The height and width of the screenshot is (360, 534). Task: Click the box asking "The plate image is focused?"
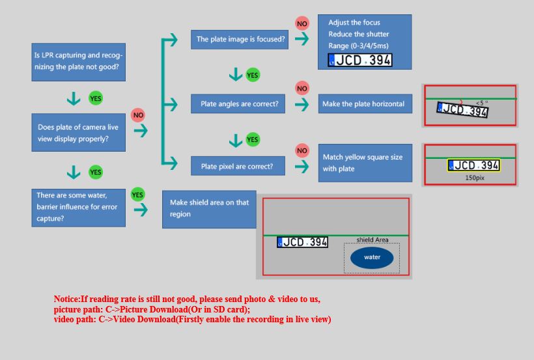click(240, 40)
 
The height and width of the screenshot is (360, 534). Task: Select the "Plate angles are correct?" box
click(238, 104)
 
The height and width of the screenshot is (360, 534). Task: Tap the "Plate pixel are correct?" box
click(238, 166)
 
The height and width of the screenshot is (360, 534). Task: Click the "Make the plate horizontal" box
click(365, 104)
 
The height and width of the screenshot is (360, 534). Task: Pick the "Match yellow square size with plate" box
click(365, 163)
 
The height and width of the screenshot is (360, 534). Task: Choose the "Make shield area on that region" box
click(209, 209)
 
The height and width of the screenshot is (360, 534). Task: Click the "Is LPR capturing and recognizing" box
click(78, 62)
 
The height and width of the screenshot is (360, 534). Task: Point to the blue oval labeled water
click(372, 258)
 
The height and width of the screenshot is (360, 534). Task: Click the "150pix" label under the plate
click(475, 178)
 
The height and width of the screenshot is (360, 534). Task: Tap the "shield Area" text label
click(372, 240)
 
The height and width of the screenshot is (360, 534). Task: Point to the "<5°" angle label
click(482, 102)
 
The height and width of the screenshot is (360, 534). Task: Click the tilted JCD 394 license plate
click(462, 109)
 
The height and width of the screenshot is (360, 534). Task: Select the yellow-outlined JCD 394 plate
click(473, 165)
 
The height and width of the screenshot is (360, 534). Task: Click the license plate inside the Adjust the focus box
click(360, 61)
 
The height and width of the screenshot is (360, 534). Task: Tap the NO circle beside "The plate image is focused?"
click(302, 23)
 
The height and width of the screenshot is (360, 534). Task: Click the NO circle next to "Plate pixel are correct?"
click(302, 150)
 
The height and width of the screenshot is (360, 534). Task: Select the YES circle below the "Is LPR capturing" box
click(96, 98)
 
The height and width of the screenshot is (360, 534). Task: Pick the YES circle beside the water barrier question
click(137, 195)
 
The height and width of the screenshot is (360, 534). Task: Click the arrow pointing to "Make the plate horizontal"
click(302, 104)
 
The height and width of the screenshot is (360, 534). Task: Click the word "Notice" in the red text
click(66, 299)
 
